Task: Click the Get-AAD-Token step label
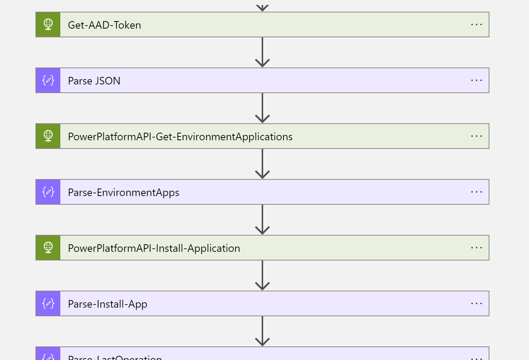[x=104, y=25]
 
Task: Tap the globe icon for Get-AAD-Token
[x=48, y=25]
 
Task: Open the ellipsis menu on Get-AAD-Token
[x=476, y=25]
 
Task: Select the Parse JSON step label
[x=94, y=81]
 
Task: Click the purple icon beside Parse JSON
[x=48, y=80]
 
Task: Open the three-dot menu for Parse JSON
[x=476, y=81]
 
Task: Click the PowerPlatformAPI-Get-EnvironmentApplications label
[x=180, y=136]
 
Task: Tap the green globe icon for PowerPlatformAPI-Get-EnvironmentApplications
[x=48, y=136]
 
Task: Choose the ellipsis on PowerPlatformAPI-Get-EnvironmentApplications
[x=476, y=136]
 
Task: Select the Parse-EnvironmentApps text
[x=123, y=192]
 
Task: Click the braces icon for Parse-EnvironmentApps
[x=48, y=192]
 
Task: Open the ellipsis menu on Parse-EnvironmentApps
[x=476, y=192]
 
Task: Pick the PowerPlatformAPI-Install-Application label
[x=154, y=248]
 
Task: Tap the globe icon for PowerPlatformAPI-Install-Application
[x=48, y=248]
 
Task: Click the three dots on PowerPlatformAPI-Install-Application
[x=476, y=248]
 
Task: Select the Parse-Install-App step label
[x=107, y=304]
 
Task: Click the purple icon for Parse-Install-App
[x=48, y=303]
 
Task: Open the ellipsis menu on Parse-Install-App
[x=476, y=304]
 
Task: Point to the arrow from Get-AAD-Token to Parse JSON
[x=262, y=52]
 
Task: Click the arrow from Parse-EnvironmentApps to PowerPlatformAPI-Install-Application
[x=262, y=220]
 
